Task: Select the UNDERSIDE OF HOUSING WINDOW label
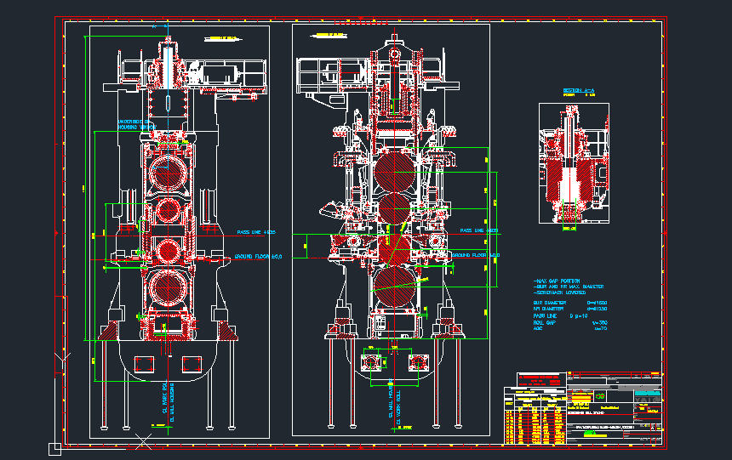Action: coord(134,124)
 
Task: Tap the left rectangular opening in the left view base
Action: coord(144,363)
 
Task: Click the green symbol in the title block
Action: coord(601,397)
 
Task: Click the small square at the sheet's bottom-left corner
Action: coord(54,449)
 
